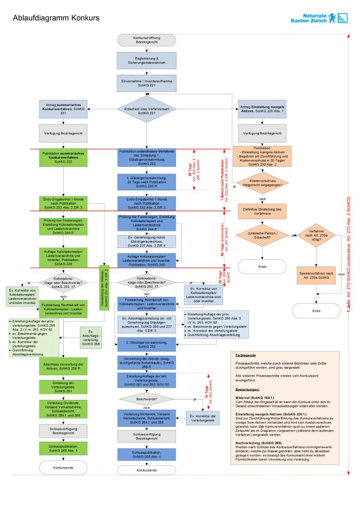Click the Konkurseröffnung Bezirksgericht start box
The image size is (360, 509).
click(146, 40)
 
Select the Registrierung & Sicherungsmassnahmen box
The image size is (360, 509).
click(146, 60)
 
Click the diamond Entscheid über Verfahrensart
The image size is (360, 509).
click(146, 110)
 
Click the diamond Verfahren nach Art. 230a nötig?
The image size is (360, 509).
click(317, 235)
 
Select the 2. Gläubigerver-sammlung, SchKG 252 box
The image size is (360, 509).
click(146, 344)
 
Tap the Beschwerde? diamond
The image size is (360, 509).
click(146, 398)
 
